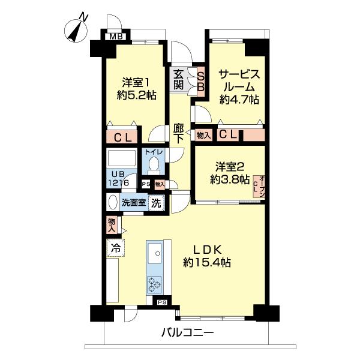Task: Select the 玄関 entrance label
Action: point(178,79)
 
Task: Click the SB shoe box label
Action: point(201,80)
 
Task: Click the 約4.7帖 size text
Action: point(239,100)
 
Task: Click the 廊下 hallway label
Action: point(179,133)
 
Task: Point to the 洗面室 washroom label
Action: point(133,203)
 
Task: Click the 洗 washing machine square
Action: point(156,203)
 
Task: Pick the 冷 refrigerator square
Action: point(114,247)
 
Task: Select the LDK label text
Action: point(207,249)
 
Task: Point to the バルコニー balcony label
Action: point(187,332)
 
